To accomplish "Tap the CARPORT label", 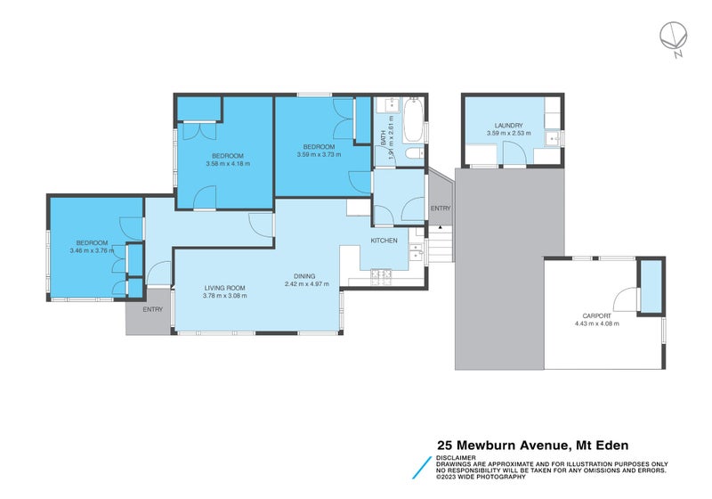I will (x=596, y=315).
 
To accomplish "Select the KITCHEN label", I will (x=384, y=241).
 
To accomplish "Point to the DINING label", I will (x=306, y=276).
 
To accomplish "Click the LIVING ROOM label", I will (x=225, y=287).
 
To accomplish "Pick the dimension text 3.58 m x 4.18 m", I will (x=228, y=164).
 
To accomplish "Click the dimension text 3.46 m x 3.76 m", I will (x=92, y=250).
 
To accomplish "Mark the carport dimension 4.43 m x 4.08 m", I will (x=596, y=323).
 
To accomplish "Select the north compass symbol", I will (x=673, y=37).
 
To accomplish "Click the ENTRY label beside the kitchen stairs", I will (x=441, y=209).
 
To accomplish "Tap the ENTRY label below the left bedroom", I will (x=152, y=310).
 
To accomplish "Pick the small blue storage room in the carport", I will (x=651, y=286).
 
